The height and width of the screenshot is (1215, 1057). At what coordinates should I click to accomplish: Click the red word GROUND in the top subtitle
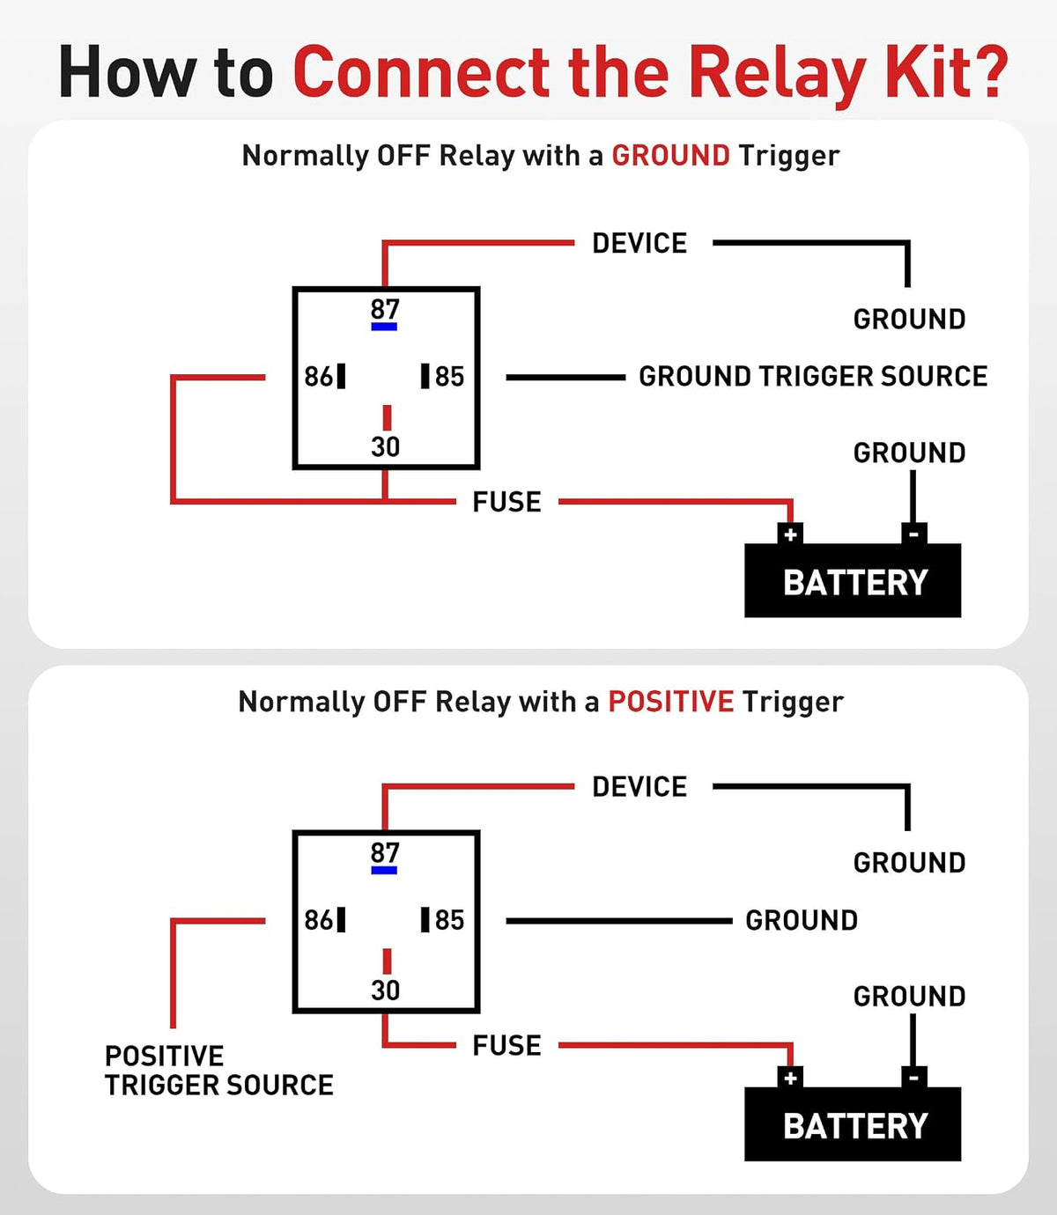coord(671,156)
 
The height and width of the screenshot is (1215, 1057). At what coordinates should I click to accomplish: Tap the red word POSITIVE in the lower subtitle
coord(671,702)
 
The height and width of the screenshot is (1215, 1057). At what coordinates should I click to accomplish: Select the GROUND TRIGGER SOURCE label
coord(813,377)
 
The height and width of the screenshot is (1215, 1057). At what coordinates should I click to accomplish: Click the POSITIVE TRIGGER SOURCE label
coord(218,1071)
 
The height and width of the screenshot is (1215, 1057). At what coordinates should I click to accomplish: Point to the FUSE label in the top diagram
coord(506,502)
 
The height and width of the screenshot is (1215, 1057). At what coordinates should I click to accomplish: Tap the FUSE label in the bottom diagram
coord(506,1045)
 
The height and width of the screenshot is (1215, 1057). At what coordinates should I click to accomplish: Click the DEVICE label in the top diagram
coord(639,244)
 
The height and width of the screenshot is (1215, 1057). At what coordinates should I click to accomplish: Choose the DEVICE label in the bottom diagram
coord(639,787)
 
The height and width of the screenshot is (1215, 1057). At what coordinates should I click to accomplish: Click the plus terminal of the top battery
coord(790,534)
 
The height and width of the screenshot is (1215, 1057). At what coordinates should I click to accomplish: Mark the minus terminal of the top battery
coord(913,534)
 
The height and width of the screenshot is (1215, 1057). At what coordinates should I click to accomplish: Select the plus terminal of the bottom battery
coord(790,1078)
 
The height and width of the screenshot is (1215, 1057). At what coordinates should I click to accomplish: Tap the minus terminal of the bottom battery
coord(913,1078)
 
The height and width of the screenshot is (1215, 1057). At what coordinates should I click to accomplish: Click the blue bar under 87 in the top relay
coord(384,327)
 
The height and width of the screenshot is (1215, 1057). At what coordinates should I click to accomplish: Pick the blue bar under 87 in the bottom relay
coord(384,870)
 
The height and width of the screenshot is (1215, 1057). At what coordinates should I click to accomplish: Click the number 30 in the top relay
coord(385,446)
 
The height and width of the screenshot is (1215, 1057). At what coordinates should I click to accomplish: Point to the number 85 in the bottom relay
coord(449,920)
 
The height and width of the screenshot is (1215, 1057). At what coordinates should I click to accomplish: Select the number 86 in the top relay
coord(319,377)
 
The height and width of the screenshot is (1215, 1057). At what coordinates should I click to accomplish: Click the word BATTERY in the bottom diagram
coord(855,1126)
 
